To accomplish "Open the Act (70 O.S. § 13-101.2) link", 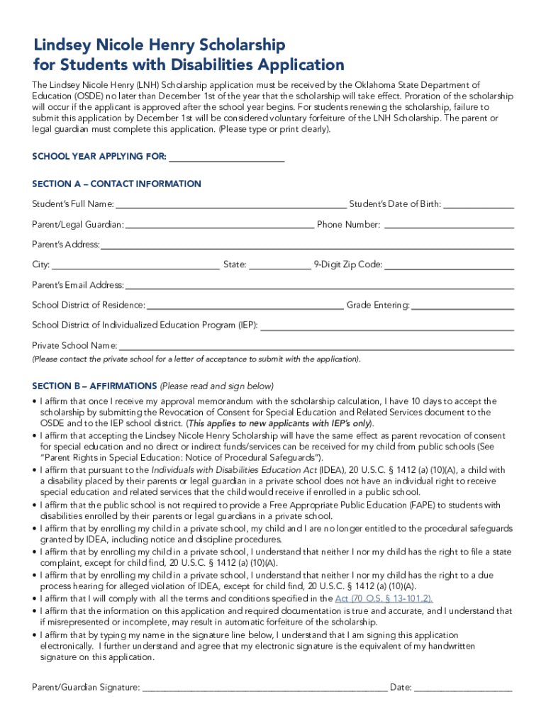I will [x=384, y=598].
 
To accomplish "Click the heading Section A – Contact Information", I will [x=117, y=184].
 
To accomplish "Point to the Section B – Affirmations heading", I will [x=94, y=386].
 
